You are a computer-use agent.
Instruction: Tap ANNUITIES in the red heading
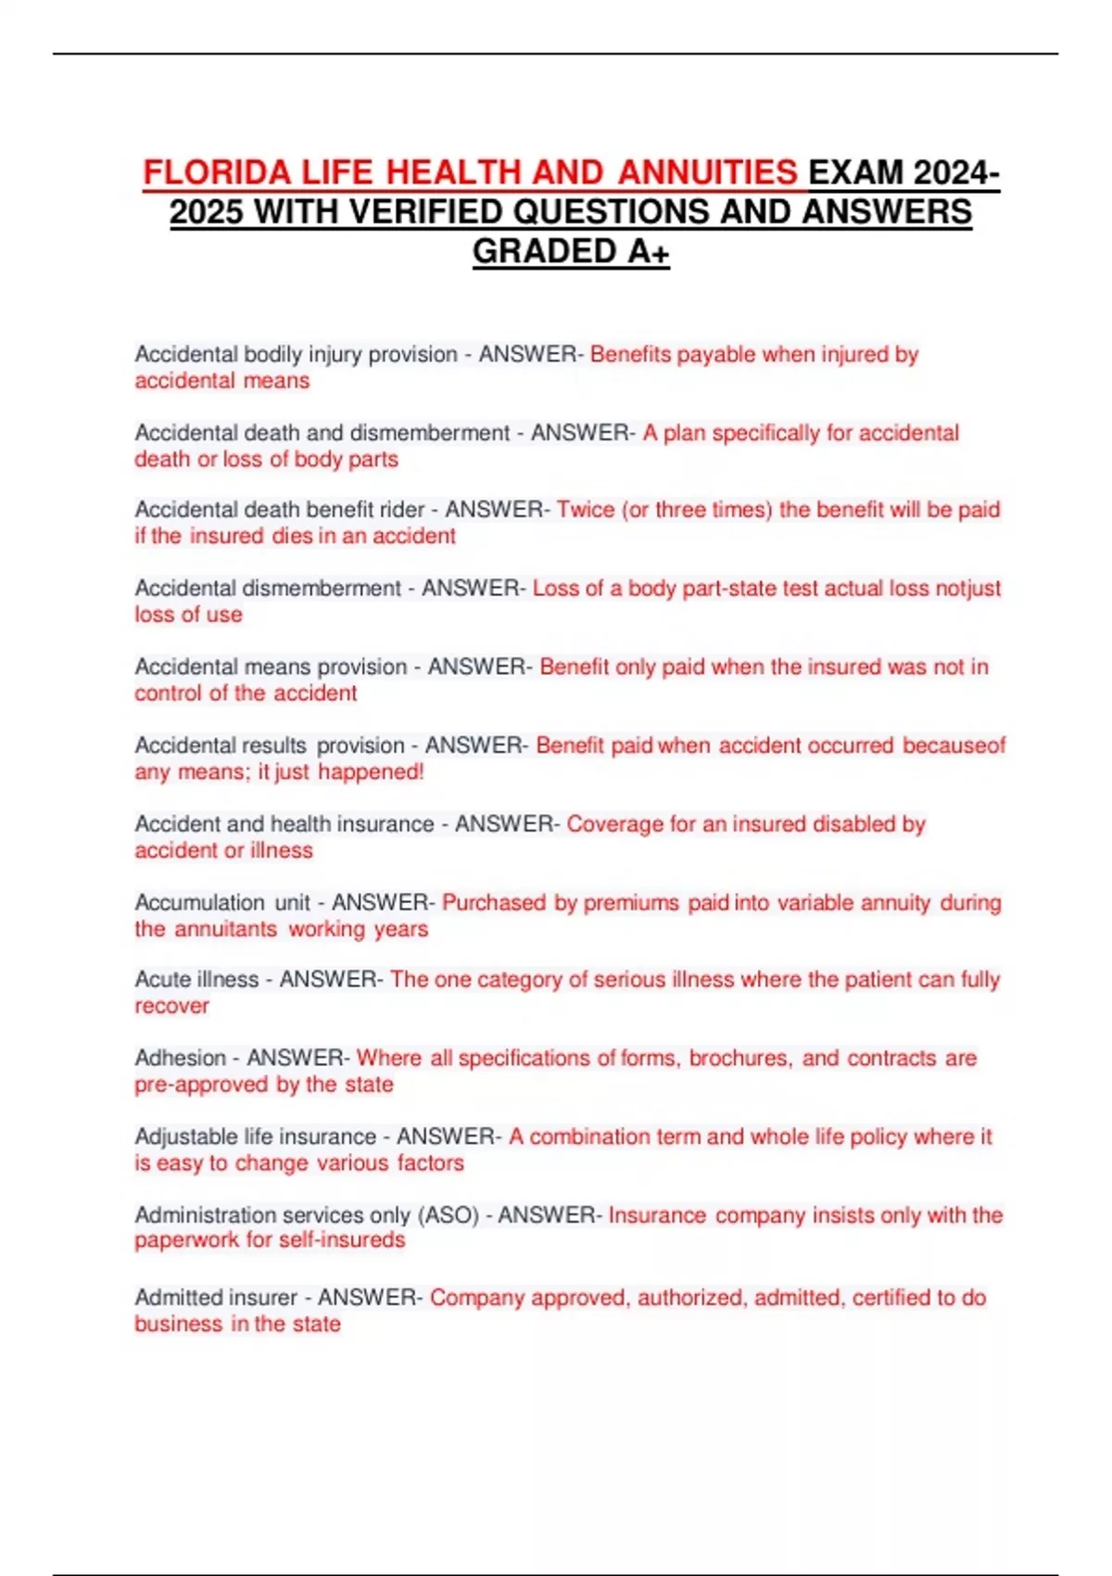(x=707, y=172)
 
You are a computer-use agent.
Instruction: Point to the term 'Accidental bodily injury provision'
(x=296, y=354)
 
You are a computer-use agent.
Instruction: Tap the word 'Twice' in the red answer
(x=586, y=510)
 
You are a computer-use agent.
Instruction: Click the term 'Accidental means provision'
(x=271, y=667)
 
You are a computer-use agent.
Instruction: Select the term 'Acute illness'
(x=196, y=980)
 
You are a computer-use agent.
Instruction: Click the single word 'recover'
(x=171, y=1006)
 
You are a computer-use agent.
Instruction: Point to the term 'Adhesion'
(x=180, y=1058)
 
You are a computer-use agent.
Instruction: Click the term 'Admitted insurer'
(x=216, y=1298)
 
